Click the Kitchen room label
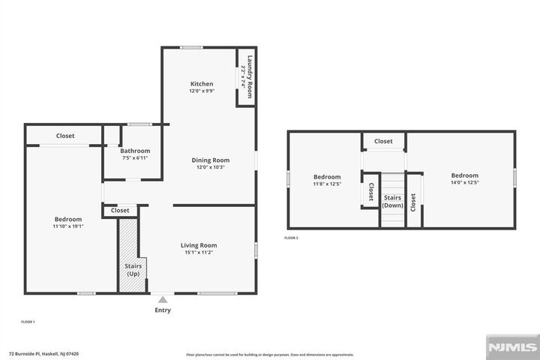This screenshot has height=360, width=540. [201, 84]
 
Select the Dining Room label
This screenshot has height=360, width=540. [210, 160]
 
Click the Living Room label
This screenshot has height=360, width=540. [199, 245]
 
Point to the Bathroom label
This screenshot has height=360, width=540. [136, 151]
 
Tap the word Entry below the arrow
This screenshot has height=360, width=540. [163, 310]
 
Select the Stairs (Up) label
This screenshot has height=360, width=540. [132, 269]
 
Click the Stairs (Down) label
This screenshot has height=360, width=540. [393, 201]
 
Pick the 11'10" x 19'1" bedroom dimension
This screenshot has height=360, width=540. [67, 226]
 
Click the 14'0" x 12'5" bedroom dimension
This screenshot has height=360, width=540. [464, 182]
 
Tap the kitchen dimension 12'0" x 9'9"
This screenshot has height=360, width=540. [201, 91]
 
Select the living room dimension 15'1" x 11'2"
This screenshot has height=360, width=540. [199, 253]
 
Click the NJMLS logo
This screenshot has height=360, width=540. [512, 346]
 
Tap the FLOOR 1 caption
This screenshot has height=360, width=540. [28, 322]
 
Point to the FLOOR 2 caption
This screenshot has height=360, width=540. [291, 238]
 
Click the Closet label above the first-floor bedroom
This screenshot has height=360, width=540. [65, 136]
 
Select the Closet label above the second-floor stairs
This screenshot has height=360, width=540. [383, 141]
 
